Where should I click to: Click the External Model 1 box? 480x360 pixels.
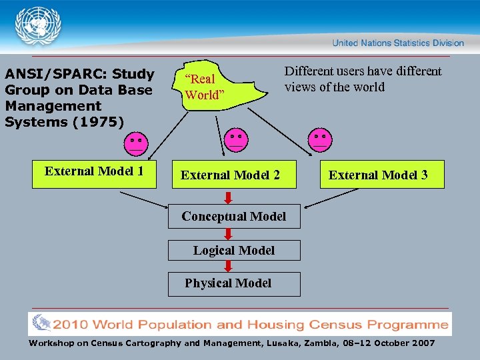(94, 173)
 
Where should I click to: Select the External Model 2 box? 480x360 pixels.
(231, 175)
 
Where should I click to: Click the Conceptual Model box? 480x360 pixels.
(234, 216)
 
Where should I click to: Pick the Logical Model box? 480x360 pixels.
(234, 251)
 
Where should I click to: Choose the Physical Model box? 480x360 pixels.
(234, 283)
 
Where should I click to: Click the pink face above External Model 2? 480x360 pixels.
(235, 139)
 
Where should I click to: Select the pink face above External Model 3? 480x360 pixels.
(320, 139)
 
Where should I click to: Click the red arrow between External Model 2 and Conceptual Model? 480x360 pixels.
(228, 197)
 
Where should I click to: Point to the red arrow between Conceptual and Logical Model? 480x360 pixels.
(228, 234)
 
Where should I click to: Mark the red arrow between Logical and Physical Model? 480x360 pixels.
(228, 266)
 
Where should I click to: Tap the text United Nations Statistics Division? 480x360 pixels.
(398, 43)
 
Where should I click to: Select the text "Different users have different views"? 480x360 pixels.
(363, 79)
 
